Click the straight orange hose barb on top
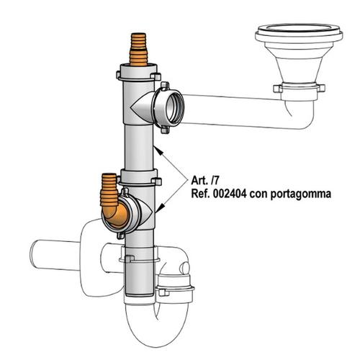[138, 49]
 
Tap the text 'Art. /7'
[204, 181]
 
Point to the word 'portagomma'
[301, 194]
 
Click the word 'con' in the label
[258, 194]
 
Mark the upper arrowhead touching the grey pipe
[158, 150]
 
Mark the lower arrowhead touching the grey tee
[159, 208]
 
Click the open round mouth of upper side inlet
[175, 107]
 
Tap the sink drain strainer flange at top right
[299, 35]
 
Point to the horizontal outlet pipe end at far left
[34, 255]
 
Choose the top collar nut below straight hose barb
[139, 73]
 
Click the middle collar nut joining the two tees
[140, 178]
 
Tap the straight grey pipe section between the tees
[139, 147]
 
